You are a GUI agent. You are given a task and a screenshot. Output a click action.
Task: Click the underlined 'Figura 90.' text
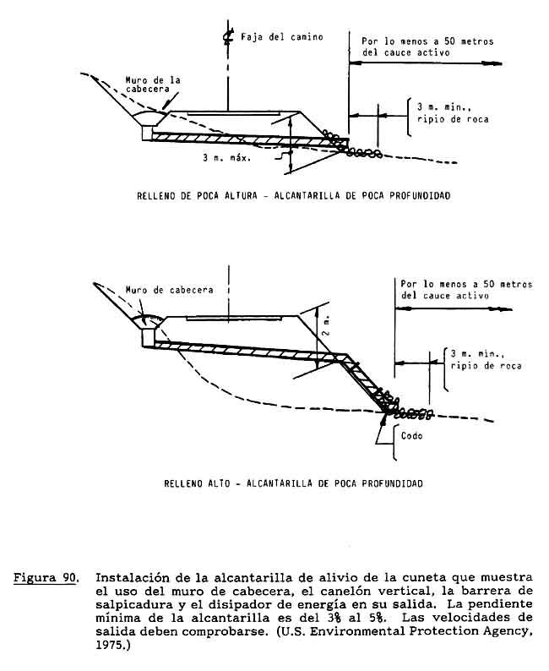click(x=48, y=579)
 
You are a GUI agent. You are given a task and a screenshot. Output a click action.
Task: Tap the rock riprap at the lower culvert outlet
click(x=405, y=411)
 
